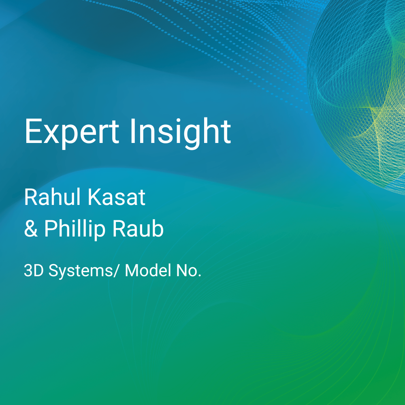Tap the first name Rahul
pyautogui.click(x=52, y=197)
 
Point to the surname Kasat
pyautogui.click(x=117, y=198)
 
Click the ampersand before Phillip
pyautogui.click(x=31, y=228)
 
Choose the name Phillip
pyautogui.click(x=75, y=229)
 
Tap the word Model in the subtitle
pyautogui.click(x=148, y=270)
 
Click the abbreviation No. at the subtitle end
pyautogui.click(x=189, y=271)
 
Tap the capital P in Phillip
pyautogui.click(x=51, y=228)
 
